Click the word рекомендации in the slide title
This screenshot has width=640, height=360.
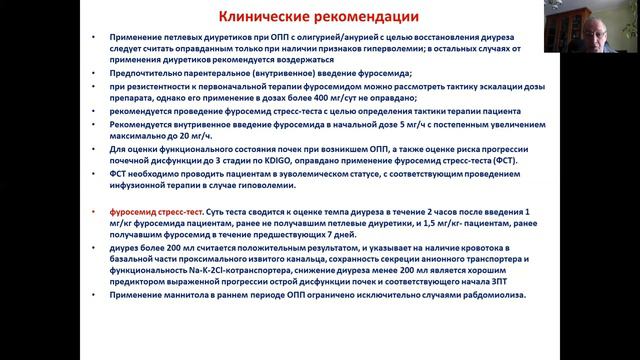tap(371, 17)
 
